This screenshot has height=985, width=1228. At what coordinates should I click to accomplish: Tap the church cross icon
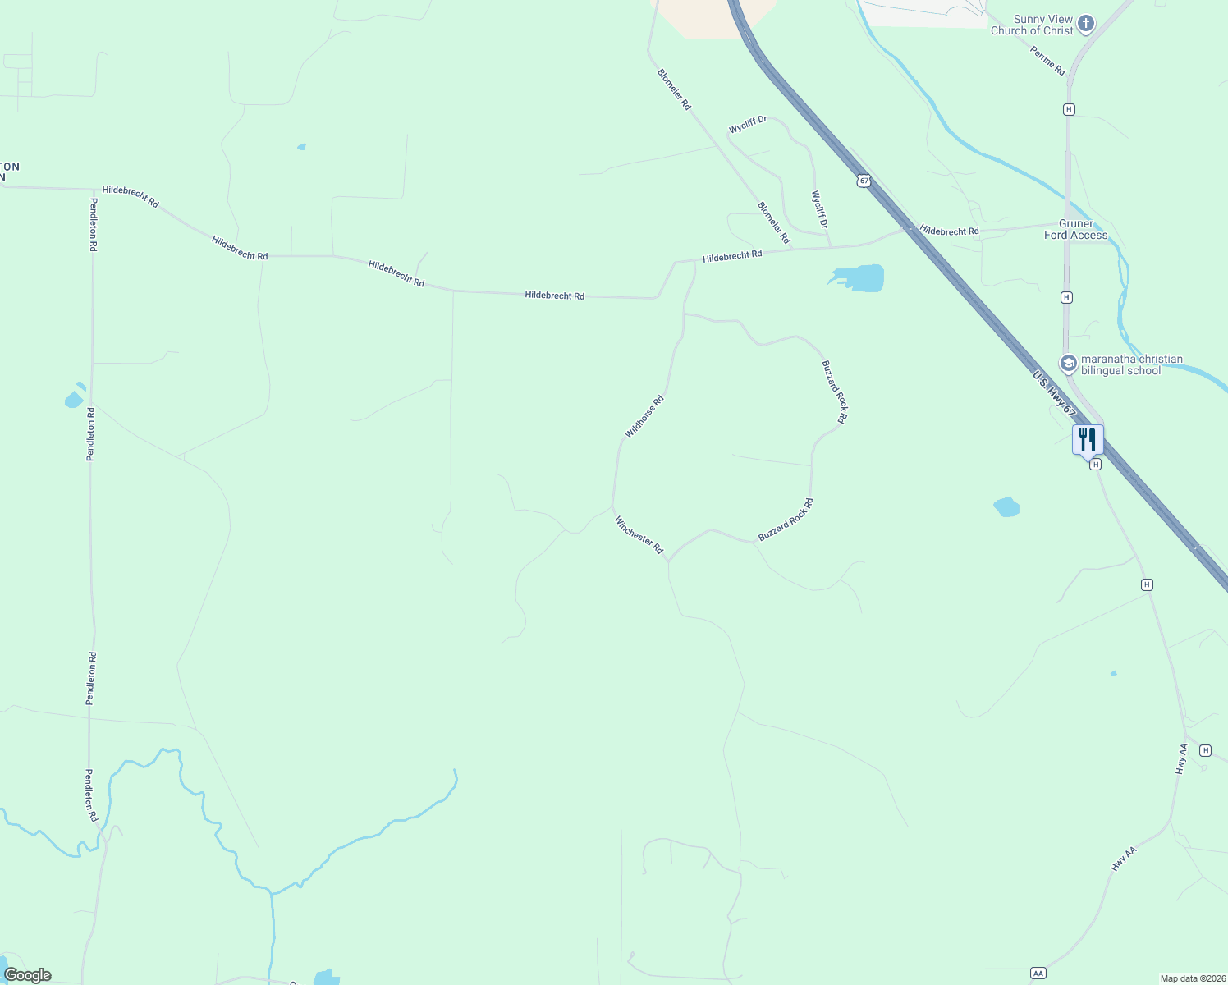click(x=1086, y=24)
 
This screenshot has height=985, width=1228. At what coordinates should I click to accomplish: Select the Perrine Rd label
click(x=1047, y=62)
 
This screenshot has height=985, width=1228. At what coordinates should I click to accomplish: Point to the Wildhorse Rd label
click(x=644, y=417)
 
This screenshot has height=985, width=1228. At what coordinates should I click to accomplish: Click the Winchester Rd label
click(x=639, y=535)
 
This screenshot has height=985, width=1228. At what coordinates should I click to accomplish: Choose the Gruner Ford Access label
click(x=1075, y=229)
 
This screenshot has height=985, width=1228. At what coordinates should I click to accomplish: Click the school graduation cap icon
click(x=1068, y=363)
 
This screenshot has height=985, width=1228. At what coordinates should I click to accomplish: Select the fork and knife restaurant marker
click(x=1088, y=439)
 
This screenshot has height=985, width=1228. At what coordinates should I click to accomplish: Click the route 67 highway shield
click(x=864, y=180)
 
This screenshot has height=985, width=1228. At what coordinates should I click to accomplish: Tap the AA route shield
click(x=1038, y=973)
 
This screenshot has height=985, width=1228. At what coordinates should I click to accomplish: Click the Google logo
click(x=28, y=975)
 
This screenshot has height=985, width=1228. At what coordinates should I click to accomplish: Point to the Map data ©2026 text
click(x=1191, y=978)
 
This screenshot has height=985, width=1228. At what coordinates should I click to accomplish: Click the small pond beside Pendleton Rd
click(x=73, y=400)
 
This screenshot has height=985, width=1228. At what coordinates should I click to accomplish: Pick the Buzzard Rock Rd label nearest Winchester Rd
click(x=786, y=520)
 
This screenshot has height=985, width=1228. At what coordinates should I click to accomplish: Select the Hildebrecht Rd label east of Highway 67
click(x=950, y=231)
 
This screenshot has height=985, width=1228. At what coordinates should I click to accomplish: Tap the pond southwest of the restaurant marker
click(x=1006, y=506)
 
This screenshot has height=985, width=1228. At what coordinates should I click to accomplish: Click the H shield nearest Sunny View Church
click(x=1069, y=109)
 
